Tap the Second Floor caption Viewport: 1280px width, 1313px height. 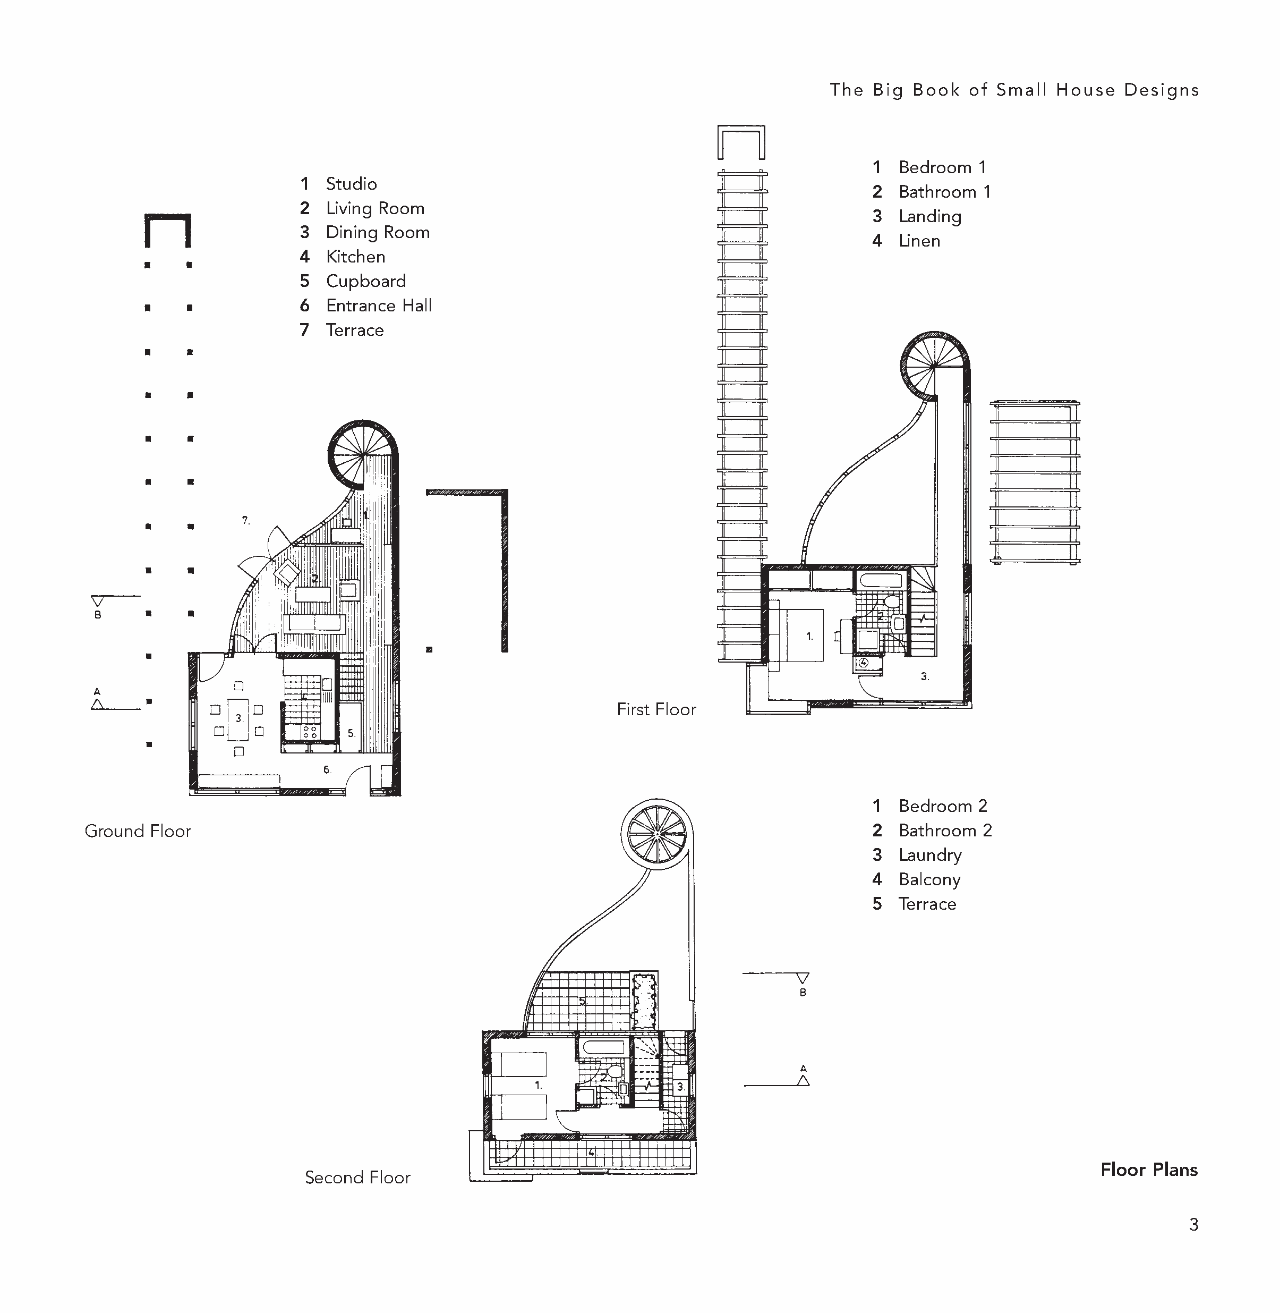pyautogui.click(x=357, y=1177)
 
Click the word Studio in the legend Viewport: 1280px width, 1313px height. pyautogui.click(x=351, y=184)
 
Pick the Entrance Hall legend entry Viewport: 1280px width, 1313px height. pyautogui.click(x=379, y=306)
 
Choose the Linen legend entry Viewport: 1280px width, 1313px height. pyautogui.click(x=919, y=241)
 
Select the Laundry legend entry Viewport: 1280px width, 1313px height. pyautogui.click(x=930, y=855)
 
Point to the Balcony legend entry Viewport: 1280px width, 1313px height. pyautogui.click(x=929, y=879)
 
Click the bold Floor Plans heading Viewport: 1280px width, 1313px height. pyautogui.click(x=1148, y=1170)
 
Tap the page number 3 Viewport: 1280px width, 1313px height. pyautogui.click(x=1193, y=1225)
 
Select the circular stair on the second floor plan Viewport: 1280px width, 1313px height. pyautogui.click(x=656, y=834)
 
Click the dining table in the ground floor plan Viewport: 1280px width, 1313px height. pyautogui.click(x=238, y=719)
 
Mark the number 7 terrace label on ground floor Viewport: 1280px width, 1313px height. pyautogui.click(x=246, y=520)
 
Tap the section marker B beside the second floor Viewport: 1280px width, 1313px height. pyautogui.click(x=802, y=982)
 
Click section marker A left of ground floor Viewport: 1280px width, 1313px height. pyautogui.click(x=98, y=701)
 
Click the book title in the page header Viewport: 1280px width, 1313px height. pyautogui.click(x=1014, y=90)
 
